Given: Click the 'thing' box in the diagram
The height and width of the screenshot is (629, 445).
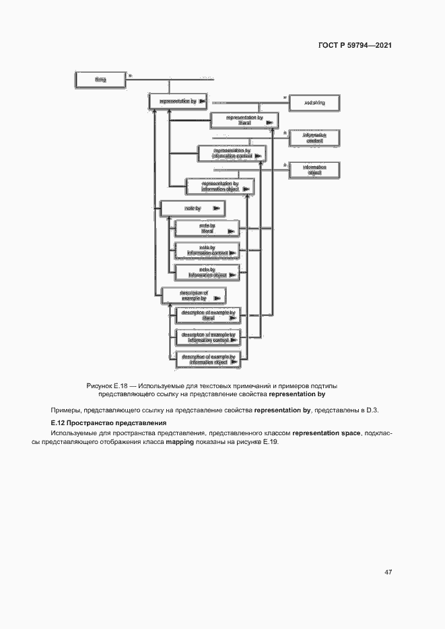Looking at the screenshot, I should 100,80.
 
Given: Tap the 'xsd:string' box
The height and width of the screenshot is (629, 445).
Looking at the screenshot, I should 314,102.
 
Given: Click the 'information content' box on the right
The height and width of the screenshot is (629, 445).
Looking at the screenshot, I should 314,139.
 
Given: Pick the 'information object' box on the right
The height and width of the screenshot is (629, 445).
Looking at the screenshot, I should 314,170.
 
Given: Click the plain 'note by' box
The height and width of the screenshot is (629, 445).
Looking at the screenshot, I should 191,209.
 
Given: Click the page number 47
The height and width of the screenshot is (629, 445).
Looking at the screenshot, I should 388,572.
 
